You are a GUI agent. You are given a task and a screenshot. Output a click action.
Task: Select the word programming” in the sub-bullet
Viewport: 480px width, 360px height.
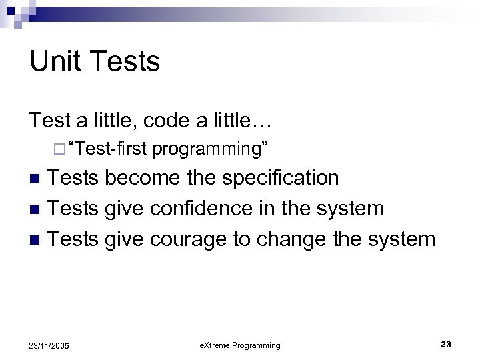coord(210,149)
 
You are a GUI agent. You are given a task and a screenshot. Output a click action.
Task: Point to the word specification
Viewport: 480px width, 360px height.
coord(280,179)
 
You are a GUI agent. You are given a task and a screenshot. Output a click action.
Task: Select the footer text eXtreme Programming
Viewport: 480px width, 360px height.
coord(240,345)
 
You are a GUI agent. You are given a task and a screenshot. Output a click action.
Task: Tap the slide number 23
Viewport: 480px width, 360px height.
coord(446,344)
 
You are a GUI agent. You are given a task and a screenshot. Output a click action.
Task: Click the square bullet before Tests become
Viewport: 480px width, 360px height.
coord(38,179)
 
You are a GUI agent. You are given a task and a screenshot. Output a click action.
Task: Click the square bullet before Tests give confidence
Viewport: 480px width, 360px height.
coord(38,209)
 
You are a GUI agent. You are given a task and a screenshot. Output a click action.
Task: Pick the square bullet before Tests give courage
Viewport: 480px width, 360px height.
coord(38,239)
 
